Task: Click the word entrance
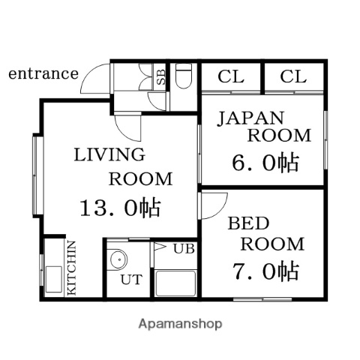tap(43, 73)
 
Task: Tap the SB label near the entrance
tap(160, 75)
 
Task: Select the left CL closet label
tap(230, 76)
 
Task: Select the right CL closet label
tap(293, 76)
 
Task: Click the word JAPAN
tap(251, 117)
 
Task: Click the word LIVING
tap(109, 155)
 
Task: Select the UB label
tap(184, 248)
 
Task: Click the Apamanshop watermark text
tap(180, 325)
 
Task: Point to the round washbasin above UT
tap(118, 259)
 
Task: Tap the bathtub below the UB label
tap(174, 285)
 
